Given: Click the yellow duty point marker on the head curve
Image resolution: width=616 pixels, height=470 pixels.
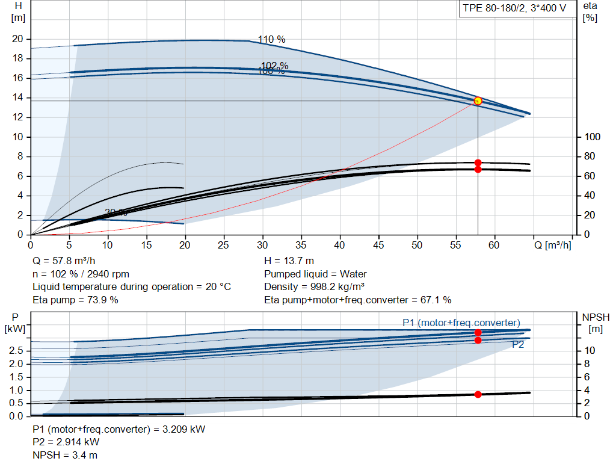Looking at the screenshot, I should click(478, 101).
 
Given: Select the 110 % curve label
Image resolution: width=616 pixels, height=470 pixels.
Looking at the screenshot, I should click(271, 40).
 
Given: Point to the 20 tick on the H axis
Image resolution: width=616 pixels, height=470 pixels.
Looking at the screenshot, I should click(17, 39).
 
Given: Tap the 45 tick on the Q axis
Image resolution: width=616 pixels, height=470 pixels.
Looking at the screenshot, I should click(378, 245).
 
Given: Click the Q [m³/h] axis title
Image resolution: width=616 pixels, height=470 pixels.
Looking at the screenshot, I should click(552, 245).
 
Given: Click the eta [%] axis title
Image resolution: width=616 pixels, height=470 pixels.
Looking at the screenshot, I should click(590, 11).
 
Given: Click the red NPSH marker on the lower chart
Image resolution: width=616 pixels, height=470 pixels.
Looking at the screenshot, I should click(478, 395).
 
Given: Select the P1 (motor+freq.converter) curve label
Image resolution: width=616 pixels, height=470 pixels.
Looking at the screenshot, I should click(461, 323).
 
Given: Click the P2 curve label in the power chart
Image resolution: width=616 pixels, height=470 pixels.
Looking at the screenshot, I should click(517, 345).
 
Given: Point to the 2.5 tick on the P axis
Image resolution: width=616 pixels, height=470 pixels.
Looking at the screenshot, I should click(16, 350).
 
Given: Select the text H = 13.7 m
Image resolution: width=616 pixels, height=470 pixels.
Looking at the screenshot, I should click(289, 261).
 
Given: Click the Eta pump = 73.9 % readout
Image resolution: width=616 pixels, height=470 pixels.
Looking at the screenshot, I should click(75, 300).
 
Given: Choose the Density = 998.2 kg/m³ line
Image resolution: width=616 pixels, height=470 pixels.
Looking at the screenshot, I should click(315, 287).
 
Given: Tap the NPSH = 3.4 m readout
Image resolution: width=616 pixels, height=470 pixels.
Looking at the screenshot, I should click(65, 455).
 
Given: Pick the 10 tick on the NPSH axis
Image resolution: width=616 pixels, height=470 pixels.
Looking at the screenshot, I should click(590, 350).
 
